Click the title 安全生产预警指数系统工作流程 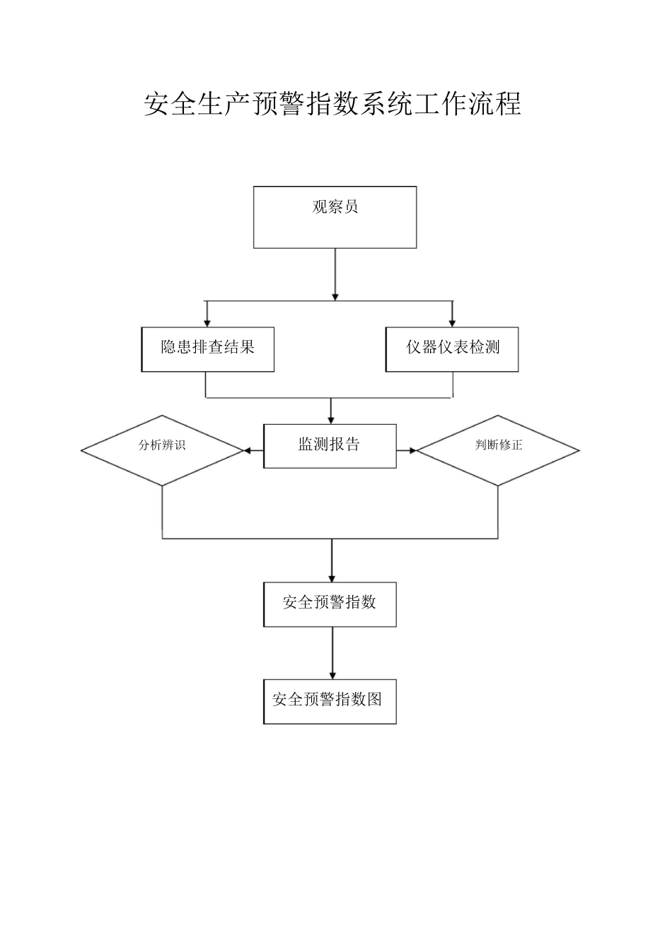[332, 104]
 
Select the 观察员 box [335, 217]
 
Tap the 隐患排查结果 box [208, 349]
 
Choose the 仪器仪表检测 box [452, 349]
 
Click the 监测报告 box [330, 446]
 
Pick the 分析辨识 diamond [163, 450]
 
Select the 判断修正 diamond [498, 450]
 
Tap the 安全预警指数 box [330, 604]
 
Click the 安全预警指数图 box [330, 701]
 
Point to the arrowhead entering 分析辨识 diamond [248, 450]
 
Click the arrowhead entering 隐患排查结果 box [207, 322]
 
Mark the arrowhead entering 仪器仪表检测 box [452, 322]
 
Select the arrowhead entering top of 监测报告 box [331, 420]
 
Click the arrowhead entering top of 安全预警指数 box [332, 578]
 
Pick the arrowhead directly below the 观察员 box [335, 295]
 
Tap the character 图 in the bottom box [374, 700]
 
